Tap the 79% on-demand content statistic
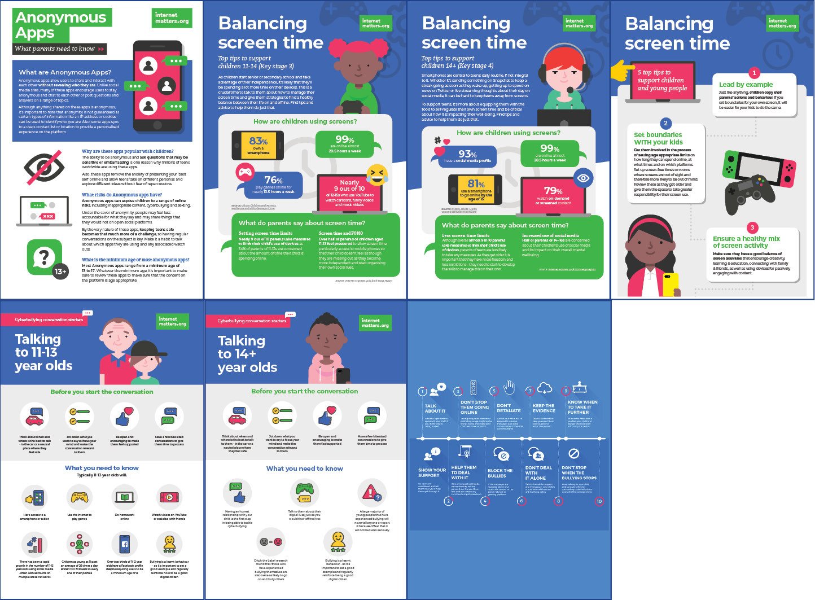(x=553, y=194)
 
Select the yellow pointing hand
(x=622, y=72)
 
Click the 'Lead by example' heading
(x=746, y=84)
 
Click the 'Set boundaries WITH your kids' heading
(x=658, y=138)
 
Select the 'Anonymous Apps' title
(x=61, y=25)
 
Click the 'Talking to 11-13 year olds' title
(x=43, y=352)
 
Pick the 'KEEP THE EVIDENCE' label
(x=543, y=408)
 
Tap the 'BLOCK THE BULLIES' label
(x=500, y=472)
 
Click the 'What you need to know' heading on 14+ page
(x=304, y=468)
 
